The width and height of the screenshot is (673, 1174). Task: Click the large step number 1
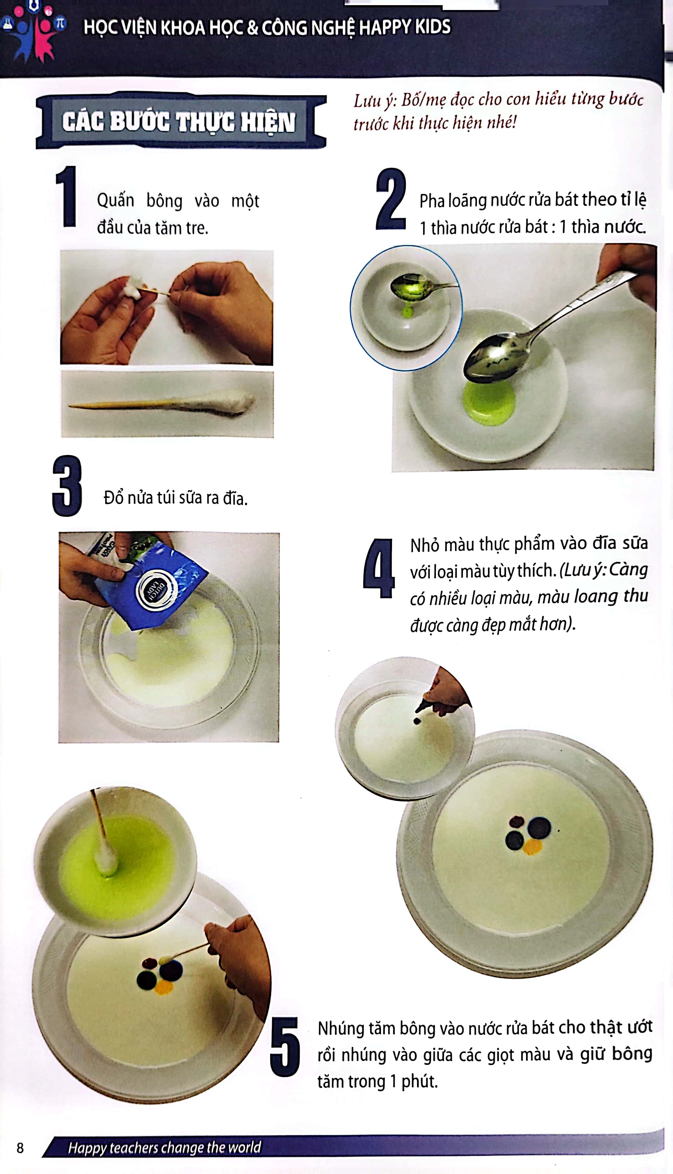(66, 196)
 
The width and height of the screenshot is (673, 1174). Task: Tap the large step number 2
(391, 199)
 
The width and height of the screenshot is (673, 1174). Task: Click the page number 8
(20, 1147)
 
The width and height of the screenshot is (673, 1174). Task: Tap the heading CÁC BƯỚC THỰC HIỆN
(179, 122)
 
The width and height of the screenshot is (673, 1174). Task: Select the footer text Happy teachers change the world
(164, 1147)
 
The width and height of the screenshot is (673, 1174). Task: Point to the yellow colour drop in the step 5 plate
(163, 987)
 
